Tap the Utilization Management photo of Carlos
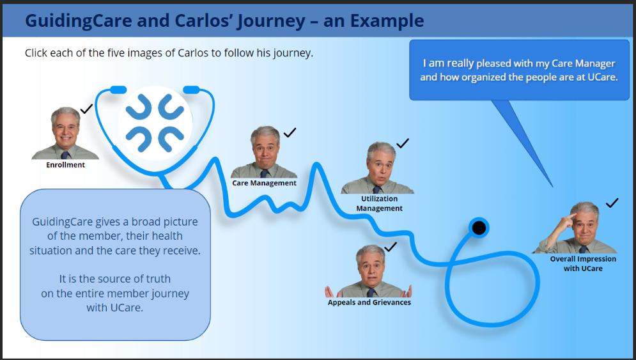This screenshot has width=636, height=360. pos(379,168)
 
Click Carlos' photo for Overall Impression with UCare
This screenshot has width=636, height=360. pos(580,228)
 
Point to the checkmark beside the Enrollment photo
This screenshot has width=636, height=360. pos(86,109)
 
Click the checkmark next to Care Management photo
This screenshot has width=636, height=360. pos(290,132)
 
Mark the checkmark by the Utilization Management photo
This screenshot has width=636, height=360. pos(402,143)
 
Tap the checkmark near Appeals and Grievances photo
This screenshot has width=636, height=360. pos(391,246)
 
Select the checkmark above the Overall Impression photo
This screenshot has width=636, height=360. pos(612,203)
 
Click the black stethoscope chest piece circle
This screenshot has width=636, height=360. pos(479,228)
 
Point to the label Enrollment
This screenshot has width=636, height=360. pos(65,164)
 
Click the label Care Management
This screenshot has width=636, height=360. pos(264,183)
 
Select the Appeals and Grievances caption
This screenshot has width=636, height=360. pos(369,302)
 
